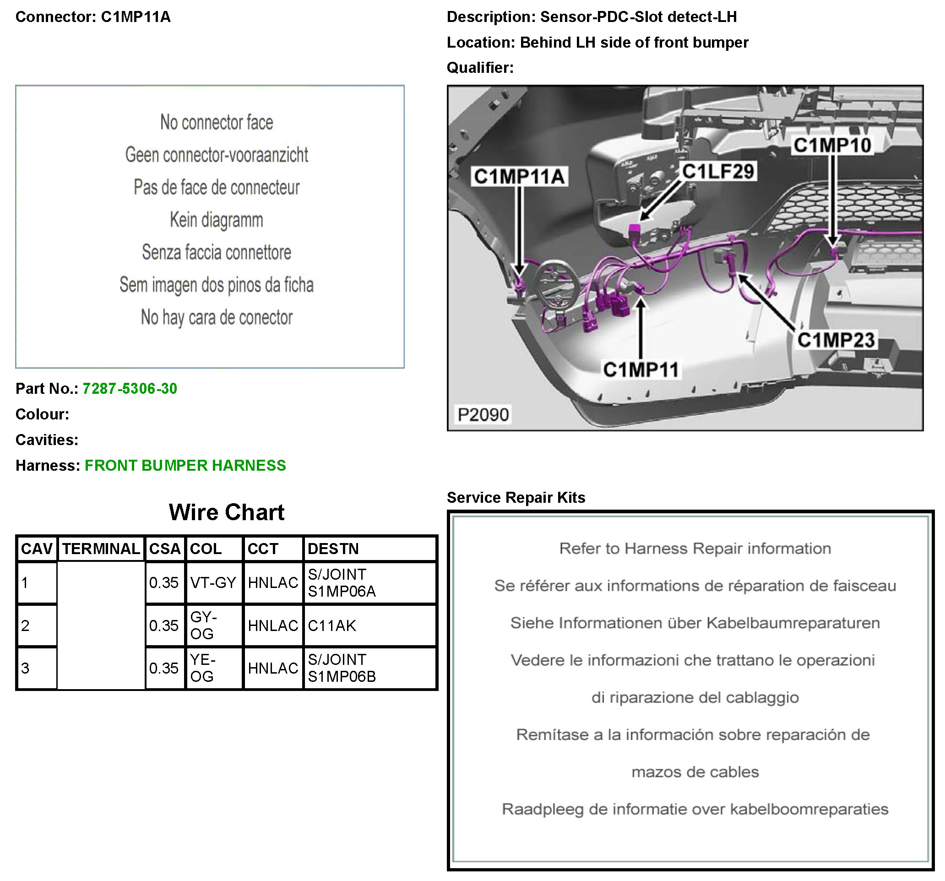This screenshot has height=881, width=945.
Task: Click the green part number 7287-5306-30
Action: pyautogui.click(x=129, y=388)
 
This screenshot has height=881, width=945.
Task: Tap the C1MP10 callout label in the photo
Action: pyautogui.click(x=832, y=145)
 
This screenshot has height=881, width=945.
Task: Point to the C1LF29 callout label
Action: pyautogui.click(x=718, y=171)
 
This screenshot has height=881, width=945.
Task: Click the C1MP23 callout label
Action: pyautogui.click(x=836, y=340)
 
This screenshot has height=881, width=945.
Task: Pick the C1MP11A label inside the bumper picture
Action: pyautogui.click(x=519, y=176)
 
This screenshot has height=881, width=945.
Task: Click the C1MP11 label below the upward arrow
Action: pyautogui.click(x=641, y=370)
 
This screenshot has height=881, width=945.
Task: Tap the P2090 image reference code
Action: pyautogui.click(x=483, y=414)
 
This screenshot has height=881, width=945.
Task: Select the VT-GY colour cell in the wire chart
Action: pyautogui.click(x=213, y=582)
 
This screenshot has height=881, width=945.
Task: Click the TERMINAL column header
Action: pyautogui.click(x=101, y=549)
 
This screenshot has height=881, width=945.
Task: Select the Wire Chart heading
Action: pyautogui.click(x=226, y=512)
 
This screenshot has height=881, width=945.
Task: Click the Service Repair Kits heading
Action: pyautogui.click(x=516, y=497)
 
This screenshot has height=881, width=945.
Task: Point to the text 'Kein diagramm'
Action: pyautogui.click(x=216, y=220)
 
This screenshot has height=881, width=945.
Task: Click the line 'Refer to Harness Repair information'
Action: pyautogui.click(x=695, y=548)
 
